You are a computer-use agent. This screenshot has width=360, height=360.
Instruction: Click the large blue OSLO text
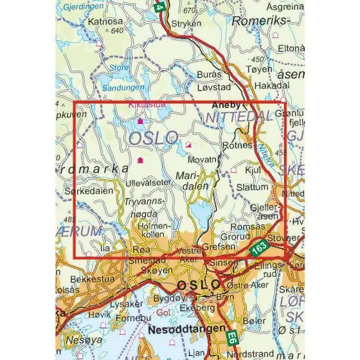[153, 138]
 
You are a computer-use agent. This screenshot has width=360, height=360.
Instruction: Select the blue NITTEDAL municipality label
[230, 117]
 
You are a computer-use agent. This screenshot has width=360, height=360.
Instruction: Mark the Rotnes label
[237, 146]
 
